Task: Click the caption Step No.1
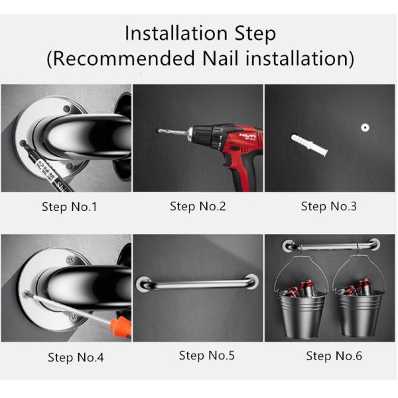coord(69,207)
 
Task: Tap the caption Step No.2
coord(198,206)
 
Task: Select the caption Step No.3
coord(329,206)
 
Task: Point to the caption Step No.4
coord(76,358)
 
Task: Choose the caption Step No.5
coord(207,356)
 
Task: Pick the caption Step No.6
coord(334,356)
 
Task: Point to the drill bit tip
coord(159,130)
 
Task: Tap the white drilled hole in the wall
coord(364,126)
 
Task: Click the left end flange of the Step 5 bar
coord(144,285)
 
